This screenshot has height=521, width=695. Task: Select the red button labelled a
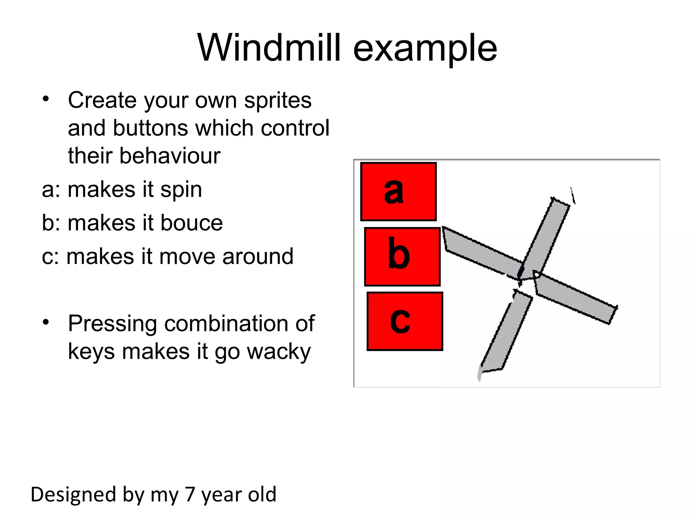tap(398, 192)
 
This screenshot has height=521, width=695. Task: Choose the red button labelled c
tap(405, 321)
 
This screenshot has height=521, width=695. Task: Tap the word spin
tap(181, 190)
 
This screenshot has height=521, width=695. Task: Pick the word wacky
tap(279, 352)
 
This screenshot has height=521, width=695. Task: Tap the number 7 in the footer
tap(190, 494)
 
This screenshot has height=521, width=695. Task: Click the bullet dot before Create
tap(46, 99)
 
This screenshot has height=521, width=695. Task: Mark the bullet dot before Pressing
tap(46, 322)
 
